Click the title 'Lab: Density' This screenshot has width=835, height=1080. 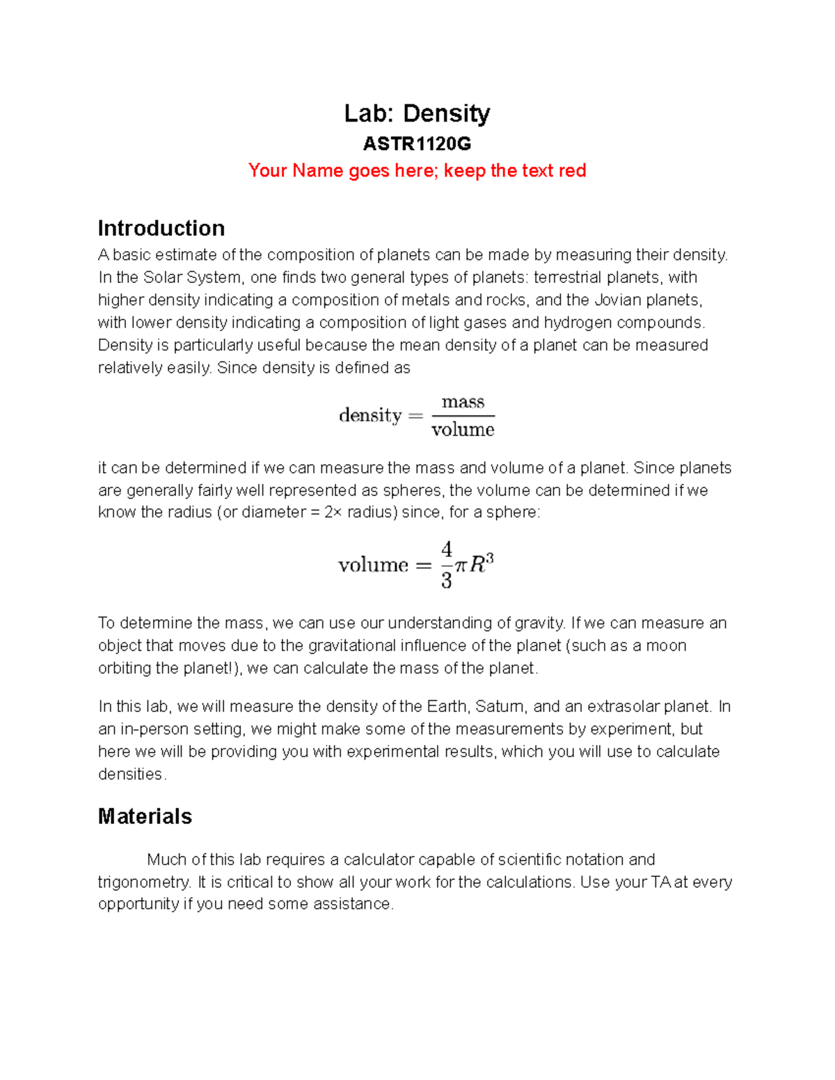tap(417, 113)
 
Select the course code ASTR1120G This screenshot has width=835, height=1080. tap(417, 144)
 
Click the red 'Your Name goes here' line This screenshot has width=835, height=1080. tap(417, 170)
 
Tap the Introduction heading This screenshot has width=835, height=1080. tap(161, 228)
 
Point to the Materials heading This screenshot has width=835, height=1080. tap(145, 816)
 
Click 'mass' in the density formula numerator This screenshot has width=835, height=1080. tap(463, 402)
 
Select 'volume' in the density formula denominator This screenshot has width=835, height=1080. tap(463, 430)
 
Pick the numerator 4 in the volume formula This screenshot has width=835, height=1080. tap(447, 549)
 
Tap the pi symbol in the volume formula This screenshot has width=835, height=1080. tap(461, 565)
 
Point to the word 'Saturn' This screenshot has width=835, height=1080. tap(500, 707)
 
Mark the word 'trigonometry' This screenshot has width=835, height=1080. tap(143, 882)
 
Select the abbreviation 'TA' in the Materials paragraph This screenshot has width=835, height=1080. tap(660, 882)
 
